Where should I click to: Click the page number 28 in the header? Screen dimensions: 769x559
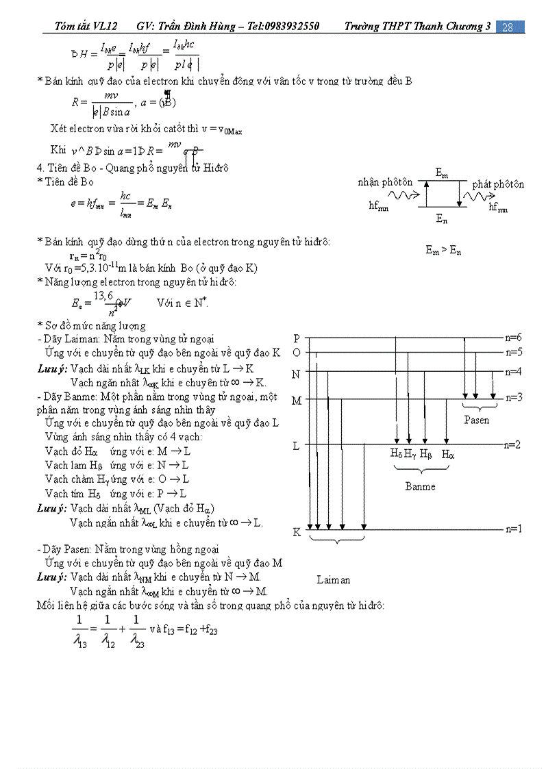[508, 27]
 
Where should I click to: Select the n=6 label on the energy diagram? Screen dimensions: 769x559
[514, 338]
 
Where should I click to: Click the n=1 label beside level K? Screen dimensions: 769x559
[514, 529]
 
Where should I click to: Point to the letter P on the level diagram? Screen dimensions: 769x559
[297, 339]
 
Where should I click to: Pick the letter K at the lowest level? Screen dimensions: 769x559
[297, 532]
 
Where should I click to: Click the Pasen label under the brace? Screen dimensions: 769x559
[476, 420]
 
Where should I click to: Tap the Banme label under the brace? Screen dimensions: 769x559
[420, 486]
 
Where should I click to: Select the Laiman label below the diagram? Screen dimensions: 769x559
[334, 580]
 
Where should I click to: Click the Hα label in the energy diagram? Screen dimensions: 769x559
[447, 454]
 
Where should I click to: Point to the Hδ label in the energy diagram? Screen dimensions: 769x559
[397, 454]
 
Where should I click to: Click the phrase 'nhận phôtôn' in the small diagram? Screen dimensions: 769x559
[385, 182]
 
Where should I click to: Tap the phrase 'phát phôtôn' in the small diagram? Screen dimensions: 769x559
[498, 184]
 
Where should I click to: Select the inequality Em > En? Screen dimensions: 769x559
[443, 251]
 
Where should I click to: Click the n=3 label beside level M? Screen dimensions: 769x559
[514, 397]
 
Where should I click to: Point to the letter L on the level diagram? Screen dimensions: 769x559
[296, 446]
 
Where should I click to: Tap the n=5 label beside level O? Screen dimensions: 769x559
[514, 353]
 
